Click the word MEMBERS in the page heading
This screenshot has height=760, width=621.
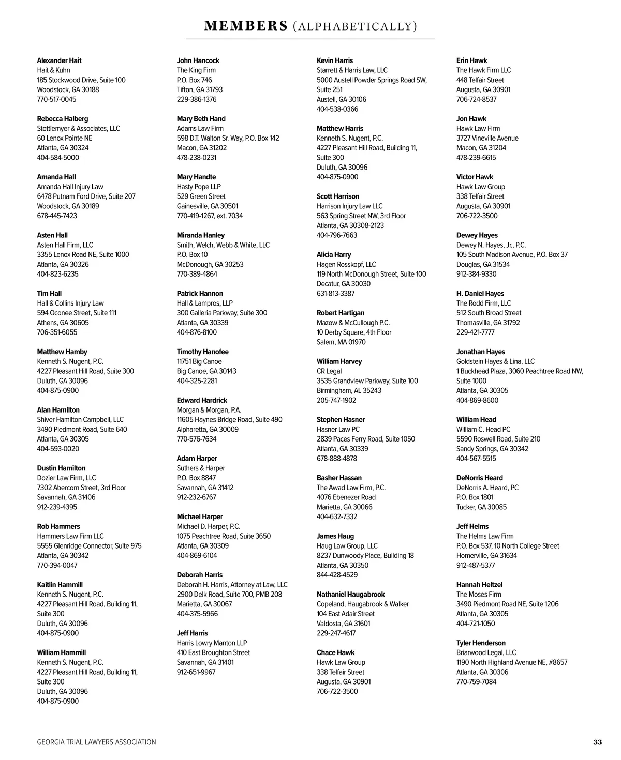click(246, 26)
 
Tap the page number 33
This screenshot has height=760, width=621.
click(597, 742)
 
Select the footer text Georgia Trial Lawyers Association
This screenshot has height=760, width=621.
click(96, 742)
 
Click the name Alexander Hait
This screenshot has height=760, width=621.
click(59, 60)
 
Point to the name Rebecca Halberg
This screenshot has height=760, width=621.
click(62, 119)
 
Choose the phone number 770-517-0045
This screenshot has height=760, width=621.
click(56, 99)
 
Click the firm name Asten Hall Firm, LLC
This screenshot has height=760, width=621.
click(65, 245)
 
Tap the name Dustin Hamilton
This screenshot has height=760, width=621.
click(61, 468)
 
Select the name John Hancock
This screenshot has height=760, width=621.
click(198, 60)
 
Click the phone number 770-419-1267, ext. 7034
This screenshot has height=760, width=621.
click(210, 216)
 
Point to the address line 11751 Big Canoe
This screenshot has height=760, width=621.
click(199, 361)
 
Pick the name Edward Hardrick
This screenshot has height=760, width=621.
click(202, 401)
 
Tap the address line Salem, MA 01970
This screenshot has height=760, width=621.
click(341, 342)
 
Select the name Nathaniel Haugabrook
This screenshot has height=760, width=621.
click(350, 595)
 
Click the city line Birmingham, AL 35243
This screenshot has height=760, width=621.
click(349, 391)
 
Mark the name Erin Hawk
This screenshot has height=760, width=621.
click(471, 60)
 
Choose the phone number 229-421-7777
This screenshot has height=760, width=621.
click(475, 332)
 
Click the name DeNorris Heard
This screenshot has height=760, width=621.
click(479, 478)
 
